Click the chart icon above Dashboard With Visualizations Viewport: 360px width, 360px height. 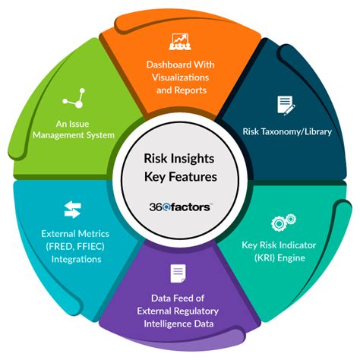click(x=180, y=40)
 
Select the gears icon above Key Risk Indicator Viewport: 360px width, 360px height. click(x=278, y=225)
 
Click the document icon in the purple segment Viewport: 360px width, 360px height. click(x=177, y=273)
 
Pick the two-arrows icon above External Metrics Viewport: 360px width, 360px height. click(x=72, y=210)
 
